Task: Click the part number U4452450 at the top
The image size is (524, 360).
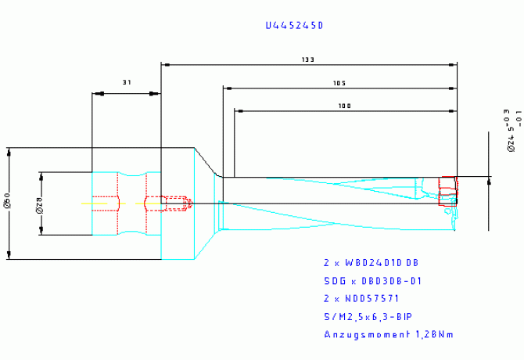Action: pos(294,26)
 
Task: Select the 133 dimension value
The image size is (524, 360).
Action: pos(307,59)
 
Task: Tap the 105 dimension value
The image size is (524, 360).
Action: pos(339,83)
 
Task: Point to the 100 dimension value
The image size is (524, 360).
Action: pos(344,106)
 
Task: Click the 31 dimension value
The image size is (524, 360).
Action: pos(127,81)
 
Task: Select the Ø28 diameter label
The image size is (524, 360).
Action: pos(39,203)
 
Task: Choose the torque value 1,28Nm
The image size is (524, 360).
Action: pos(431,335)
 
